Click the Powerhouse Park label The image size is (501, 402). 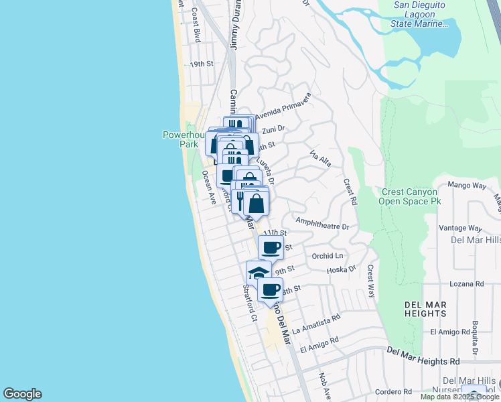point(182,139)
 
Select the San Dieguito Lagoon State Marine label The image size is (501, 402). point(419,15)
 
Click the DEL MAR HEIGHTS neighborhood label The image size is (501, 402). point(425,309)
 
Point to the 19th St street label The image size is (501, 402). point(200,64)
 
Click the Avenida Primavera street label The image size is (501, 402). point(283,106)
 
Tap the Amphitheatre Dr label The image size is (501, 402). point(321,226)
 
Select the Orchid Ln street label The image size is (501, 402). point(328,256)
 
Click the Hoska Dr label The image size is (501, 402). point(341,270)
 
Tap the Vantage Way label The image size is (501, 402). point(460,228)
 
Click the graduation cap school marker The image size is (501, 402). point(258,271)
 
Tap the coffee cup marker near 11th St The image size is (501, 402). point(271,247)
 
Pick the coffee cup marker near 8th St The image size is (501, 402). point(270,289)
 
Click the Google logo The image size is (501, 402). point(22,394)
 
